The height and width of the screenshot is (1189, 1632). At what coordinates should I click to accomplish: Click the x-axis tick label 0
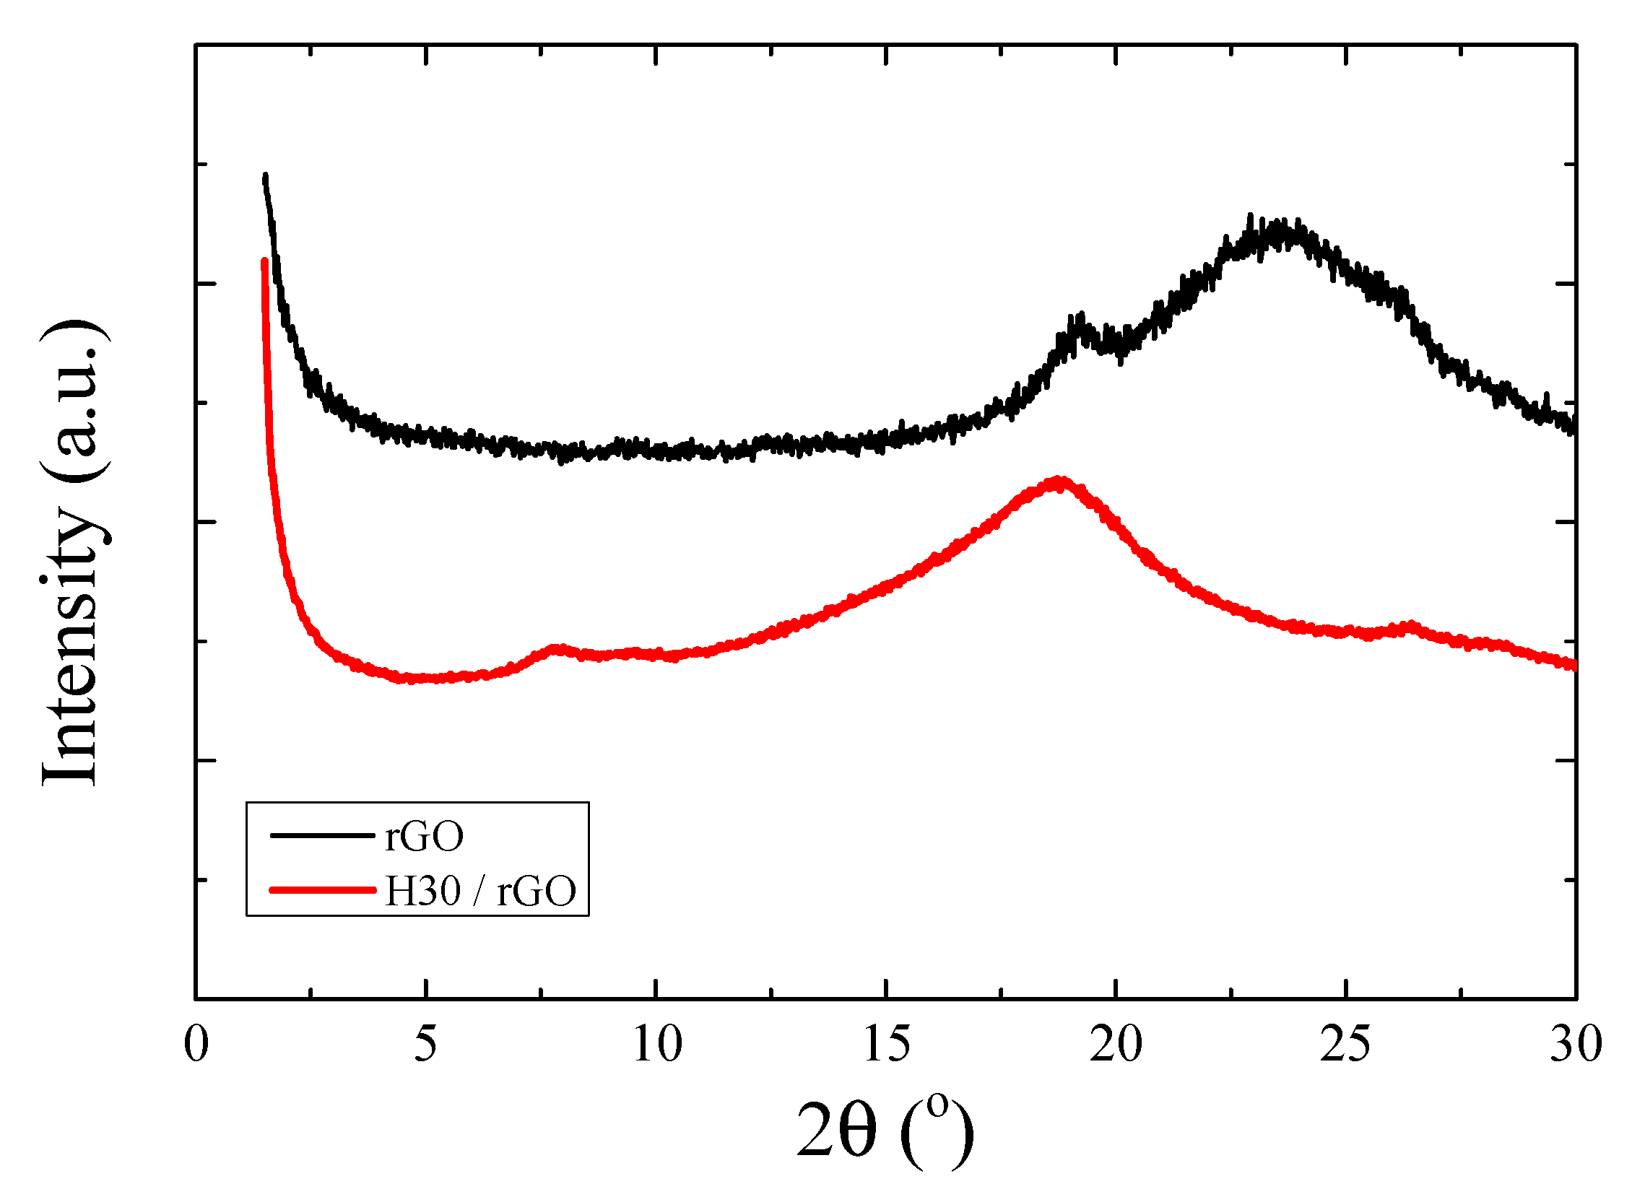click(196, 1045)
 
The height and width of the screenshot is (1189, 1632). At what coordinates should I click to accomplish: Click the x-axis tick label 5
click(425, 1045)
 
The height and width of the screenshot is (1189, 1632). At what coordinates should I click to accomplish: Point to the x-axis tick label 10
click(656, 1045)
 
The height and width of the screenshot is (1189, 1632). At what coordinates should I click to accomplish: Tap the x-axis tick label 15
click(886, 1045)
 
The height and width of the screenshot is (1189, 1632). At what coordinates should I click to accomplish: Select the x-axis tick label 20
click(1116, 1045)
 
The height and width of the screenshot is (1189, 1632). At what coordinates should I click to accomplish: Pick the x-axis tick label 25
click(1345, 1045)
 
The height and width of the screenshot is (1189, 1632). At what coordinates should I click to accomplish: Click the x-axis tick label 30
click(1575, 1045)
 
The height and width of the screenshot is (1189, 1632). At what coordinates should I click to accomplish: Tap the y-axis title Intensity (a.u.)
click(72, 552)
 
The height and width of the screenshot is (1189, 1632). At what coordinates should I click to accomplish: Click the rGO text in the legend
click(424, 837)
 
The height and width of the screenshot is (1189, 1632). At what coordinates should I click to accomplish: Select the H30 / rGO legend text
click(480, 891)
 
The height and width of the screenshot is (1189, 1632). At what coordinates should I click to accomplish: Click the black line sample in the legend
click(322, 835)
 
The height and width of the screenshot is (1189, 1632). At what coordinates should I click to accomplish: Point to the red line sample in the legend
click(322, 890)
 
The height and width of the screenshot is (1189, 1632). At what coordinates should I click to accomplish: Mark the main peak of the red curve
click(1059, 482)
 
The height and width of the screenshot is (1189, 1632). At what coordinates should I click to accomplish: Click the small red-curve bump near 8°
click(556, 649)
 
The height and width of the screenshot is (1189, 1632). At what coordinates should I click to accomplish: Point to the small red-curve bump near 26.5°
click(1409, 626)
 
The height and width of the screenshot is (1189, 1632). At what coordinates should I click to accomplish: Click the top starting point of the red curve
click(264, 261)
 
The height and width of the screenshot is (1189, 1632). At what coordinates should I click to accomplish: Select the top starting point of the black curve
click(265, 175)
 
